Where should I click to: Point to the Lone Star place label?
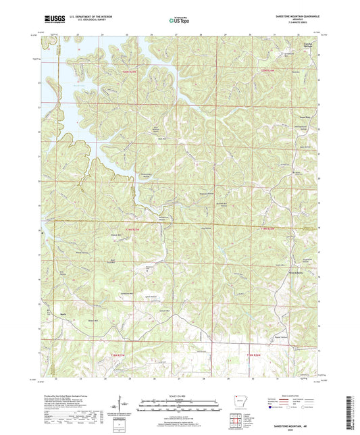pyautogui.click(x=304, y=116)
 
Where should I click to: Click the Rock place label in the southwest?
pyautogui.click(x=65, y=314)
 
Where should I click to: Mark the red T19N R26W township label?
pyautogui.click(x=267, y=228)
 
